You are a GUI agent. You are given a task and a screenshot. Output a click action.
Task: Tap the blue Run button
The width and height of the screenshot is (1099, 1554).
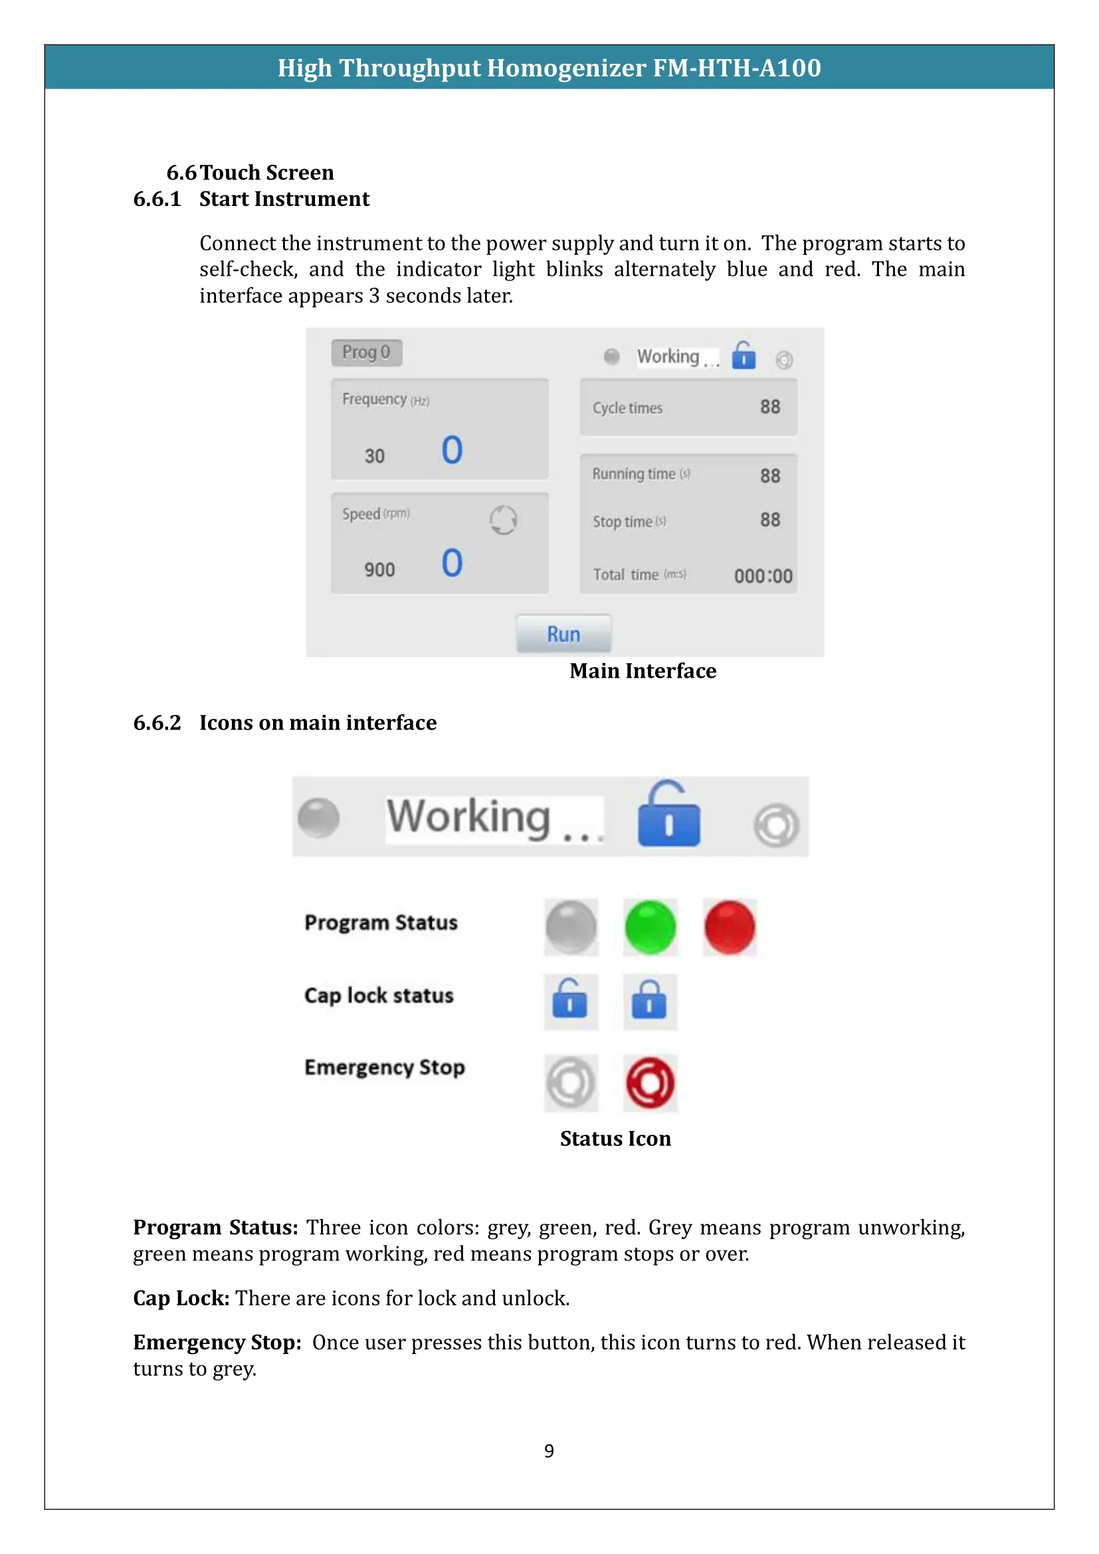pos(563,634)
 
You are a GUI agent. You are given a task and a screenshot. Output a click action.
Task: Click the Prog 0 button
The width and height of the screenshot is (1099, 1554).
pos(366,352)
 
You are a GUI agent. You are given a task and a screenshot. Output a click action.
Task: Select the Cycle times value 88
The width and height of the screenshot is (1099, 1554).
pos(769,407)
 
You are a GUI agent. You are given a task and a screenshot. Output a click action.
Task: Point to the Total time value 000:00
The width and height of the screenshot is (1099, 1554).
pos(763,576)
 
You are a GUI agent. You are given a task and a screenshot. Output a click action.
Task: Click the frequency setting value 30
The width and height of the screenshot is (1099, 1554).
pos(374,456)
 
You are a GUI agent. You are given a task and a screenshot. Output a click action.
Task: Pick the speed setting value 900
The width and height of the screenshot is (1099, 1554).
pos(379,570)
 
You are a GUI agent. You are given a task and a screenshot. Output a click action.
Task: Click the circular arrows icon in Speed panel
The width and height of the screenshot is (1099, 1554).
pos(503,520)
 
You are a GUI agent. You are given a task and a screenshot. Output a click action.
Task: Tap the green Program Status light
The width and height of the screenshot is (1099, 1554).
pos(650,927)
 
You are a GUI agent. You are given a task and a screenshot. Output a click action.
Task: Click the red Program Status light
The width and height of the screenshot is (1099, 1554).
pos(730,927)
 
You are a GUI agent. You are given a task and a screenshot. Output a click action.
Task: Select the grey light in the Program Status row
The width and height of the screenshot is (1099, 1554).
pos(571,927)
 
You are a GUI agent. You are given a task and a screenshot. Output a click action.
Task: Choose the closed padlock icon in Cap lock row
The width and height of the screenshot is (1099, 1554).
pos(649,1001)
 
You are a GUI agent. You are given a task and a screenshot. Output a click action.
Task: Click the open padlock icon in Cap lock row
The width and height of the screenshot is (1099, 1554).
pos(570,1001)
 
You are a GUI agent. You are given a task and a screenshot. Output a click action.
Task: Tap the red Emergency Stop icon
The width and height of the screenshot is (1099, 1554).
pos(650,1082)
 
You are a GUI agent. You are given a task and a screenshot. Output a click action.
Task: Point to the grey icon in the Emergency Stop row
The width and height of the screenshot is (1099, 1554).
pos(571,1082)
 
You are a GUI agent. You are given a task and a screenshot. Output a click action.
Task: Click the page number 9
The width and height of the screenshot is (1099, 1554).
pos(549,1450)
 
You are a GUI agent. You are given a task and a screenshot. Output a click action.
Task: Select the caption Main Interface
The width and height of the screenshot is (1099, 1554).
pos(643,671)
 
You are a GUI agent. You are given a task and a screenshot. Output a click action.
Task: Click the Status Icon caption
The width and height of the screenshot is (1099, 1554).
pos(615,1139)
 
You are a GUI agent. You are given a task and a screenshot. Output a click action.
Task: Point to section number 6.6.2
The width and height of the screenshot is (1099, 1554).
pos(157,723)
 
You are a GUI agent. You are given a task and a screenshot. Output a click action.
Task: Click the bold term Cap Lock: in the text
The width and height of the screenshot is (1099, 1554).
pos(181,1298)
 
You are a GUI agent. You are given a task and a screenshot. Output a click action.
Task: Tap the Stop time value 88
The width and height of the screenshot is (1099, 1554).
pos(769,520)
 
